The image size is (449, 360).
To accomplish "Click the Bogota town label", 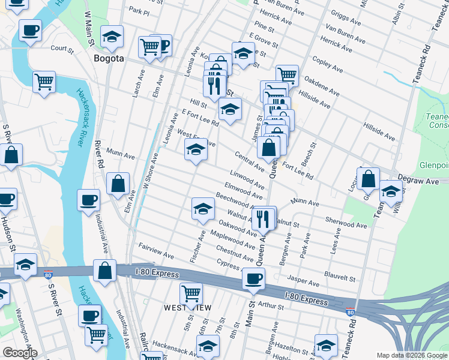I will click(x=109, y=58).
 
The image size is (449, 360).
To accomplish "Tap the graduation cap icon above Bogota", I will click(x=112, y=37).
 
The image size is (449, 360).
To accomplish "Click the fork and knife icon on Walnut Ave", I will click(x=262, y=218).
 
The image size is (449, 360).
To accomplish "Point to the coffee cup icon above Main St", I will click(x=253, y=279).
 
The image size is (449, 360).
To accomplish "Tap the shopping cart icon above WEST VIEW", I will click(x=191, y=294).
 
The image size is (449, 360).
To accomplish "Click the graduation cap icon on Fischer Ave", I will click(x=203, y=209).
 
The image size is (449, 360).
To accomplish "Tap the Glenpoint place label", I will click(x=433, y=165).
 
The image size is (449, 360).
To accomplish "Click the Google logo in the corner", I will click(x=20, y=353).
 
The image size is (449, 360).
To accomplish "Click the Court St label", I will click(x=61, y=48).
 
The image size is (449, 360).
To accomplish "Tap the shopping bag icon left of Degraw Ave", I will click(x=368, y=179).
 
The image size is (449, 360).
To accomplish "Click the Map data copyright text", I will click(x=411, y=355).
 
